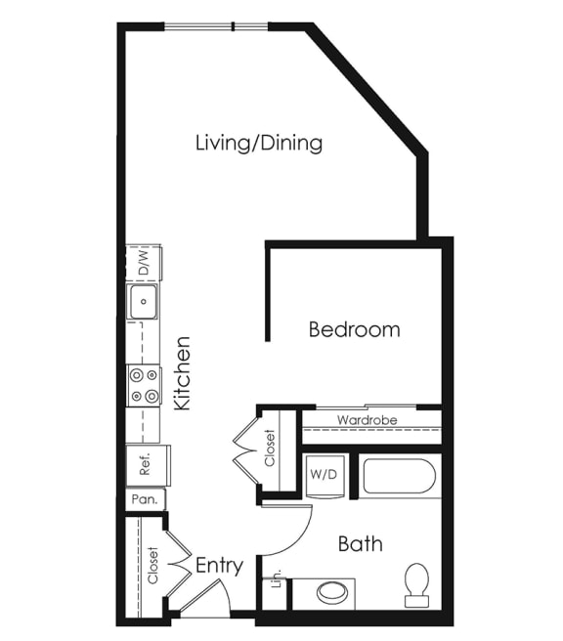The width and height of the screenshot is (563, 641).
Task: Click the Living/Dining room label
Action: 259,144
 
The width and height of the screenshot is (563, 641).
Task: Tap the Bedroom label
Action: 354,329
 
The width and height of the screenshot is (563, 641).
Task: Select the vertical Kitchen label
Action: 182,373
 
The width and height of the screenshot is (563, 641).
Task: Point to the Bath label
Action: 360,543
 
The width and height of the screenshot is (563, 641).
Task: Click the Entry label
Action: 219,566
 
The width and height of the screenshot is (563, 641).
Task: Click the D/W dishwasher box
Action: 143,262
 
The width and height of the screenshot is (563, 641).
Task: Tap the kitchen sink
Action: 144,302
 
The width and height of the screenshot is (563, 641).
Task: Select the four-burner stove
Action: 144,385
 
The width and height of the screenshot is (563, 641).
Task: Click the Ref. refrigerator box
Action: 147,465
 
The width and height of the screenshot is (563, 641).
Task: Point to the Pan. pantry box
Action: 144,499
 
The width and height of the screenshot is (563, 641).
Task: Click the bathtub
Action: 398,477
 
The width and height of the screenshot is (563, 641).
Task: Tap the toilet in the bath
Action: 417,584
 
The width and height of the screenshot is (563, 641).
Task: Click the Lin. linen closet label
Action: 276,577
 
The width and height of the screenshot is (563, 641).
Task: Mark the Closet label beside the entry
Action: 152,566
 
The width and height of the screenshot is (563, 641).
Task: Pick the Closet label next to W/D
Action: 271,449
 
